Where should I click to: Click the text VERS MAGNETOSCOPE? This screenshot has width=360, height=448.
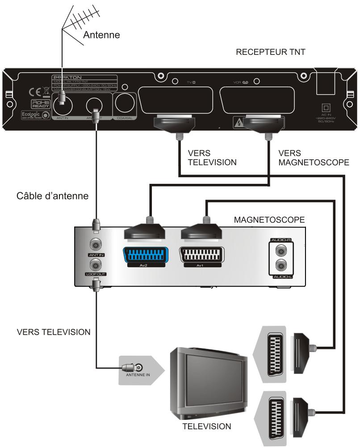pyautogui.click(x=313, y=158)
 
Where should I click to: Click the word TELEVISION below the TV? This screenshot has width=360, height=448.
pyautogui.click(x=207, y=427)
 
